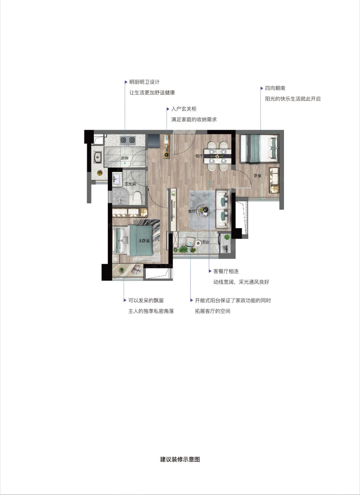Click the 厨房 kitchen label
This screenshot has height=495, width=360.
coord(124,158)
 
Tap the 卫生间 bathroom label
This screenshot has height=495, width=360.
coord(130,184)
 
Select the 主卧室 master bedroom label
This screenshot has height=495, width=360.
coord(144,240)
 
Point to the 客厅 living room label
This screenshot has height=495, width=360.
coord(192,211)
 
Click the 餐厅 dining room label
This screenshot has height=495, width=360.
coord(199,156)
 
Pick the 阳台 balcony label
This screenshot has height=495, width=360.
coord(206,242)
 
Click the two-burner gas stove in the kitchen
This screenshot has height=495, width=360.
coord(128,140)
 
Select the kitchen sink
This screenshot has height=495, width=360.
coord(98,157)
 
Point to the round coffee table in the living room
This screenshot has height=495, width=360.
coord(203,211)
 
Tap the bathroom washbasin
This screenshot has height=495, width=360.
coord(117,179)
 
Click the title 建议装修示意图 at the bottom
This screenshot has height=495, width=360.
coord(180,459)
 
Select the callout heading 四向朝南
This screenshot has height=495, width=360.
coord(275,88)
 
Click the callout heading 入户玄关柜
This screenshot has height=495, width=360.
coord(184,109)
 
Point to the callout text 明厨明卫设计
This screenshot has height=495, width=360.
coord(144,82)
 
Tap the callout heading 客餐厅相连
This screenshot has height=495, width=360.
coord(226,271)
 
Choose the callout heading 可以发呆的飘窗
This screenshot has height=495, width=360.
coord(146,301)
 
